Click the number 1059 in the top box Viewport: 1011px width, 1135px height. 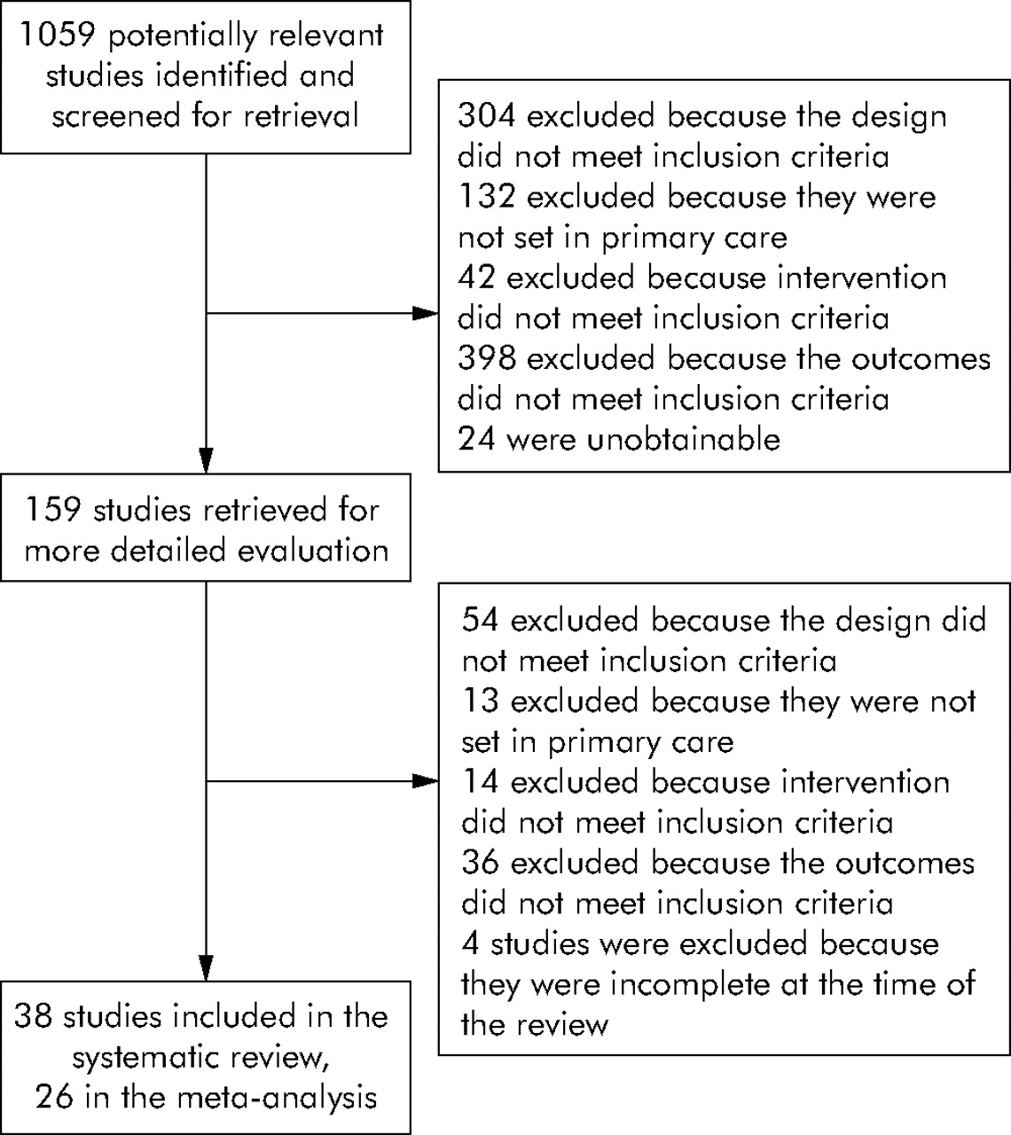pos(58,35)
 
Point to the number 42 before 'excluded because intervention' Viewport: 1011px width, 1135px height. pos(476,278)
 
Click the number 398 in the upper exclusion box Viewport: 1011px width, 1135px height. pos(487,358)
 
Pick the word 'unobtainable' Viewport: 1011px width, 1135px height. pos(683,439)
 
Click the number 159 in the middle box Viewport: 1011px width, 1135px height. pos(53,510)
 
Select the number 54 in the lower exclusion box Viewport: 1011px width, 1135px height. pos(481,620)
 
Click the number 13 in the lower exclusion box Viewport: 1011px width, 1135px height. pos(481,701)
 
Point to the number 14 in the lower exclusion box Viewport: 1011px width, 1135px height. pos(481,781)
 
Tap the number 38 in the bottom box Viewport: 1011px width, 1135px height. pos(33,1016)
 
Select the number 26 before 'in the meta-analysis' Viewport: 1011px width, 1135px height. pos(54,1097)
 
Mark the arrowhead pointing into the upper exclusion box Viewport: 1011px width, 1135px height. pos(425,313)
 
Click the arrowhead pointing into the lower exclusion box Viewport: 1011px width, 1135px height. pos(425,780)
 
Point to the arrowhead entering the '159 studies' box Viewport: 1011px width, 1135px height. pos(207,460)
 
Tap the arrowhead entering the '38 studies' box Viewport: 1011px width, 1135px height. pos(207,967)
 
